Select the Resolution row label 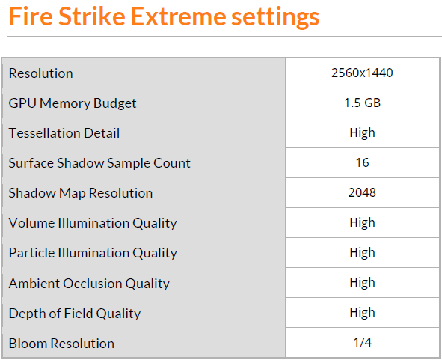click(41, 73)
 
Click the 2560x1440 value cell click(362, 73)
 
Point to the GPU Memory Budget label click(73, 103)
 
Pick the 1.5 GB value click(362, 103)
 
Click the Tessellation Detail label click(64, 133)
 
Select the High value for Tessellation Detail click(362, 133)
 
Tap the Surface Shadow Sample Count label click(99, 163)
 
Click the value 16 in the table click(362, 163)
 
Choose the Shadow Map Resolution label click(81, 193)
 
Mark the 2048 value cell click(362, 193)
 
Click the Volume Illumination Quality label click(93, 223)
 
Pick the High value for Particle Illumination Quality click(362, 253)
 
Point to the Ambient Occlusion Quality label click(89, 284)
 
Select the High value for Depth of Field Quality click(362, 314)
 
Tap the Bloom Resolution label click(61, 344)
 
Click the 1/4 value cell click(362, 344)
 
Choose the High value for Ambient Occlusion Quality click(362, 284)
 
